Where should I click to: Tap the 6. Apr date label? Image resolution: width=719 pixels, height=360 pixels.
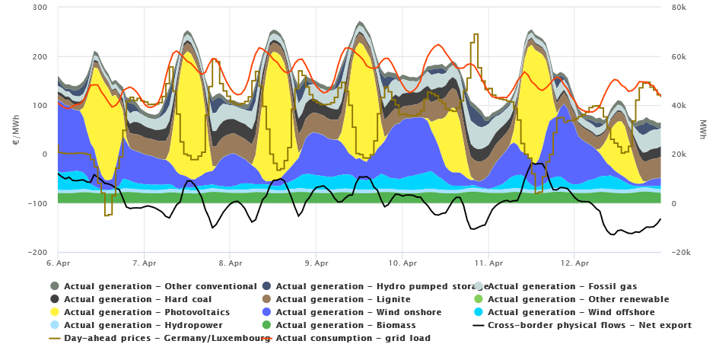point(58,263)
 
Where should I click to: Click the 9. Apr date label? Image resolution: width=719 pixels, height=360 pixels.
point(317,263)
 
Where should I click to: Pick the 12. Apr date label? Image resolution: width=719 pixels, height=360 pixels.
point(577,263)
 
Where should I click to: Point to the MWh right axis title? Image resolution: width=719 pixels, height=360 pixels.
point(702,129)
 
